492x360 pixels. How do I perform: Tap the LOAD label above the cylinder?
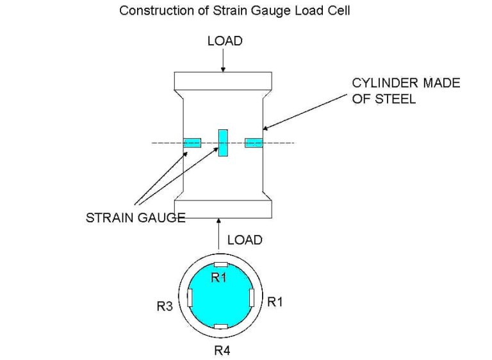pyautogui.click(x=225, y=40)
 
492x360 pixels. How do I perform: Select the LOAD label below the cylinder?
pyautogui.click(x=245, y=240)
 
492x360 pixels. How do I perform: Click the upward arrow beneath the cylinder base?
pyautogui.click(x=220, y=232)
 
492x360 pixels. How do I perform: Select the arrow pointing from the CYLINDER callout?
pyautogui.click(x=307, y=111)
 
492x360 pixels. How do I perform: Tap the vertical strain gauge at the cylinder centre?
pyautogui.click(x=223, y=142)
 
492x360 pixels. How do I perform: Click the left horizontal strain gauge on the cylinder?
pyautogui.click(x=192, y=142)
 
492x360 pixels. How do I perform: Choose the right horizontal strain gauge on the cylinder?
pyautogui.click(x=254, y=142)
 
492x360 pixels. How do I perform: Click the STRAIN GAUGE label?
pyautogui.click(x=135, y=218)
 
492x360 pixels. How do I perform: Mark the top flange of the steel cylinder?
pyautogui.click(x=224, y=81)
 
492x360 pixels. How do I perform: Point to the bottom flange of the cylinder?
pyautogui.click(x=224, y=209)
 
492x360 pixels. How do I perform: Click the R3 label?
pyautogui.click(x=165, y=306)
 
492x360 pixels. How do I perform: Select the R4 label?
pyautogui.click(x=222, y=350)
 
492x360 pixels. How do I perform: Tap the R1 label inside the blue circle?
pyautogui.click(x=219, y=277)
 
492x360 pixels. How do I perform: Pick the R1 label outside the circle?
pyautogui.click(x=275, y=302)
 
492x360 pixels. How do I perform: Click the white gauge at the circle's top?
pyautogui.click(x=220, y=265)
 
